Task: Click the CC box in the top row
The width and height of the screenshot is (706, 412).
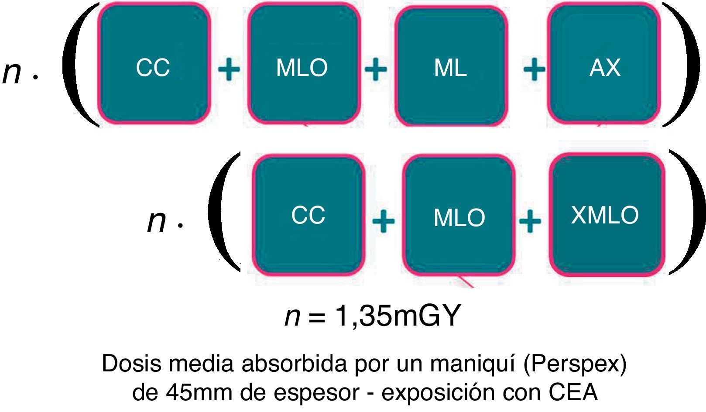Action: point(154,65)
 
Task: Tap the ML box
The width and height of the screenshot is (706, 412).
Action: point(451,66)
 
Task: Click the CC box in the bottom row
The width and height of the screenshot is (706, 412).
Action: point(308,215)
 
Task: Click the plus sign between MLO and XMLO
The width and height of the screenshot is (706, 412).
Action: point(530,221)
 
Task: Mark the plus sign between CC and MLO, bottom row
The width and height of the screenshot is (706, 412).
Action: point(383,221)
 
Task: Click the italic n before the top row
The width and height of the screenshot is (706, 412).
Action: point(12,72)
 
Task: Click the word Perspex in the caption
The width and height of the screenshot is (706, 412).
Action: point(575,364)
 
